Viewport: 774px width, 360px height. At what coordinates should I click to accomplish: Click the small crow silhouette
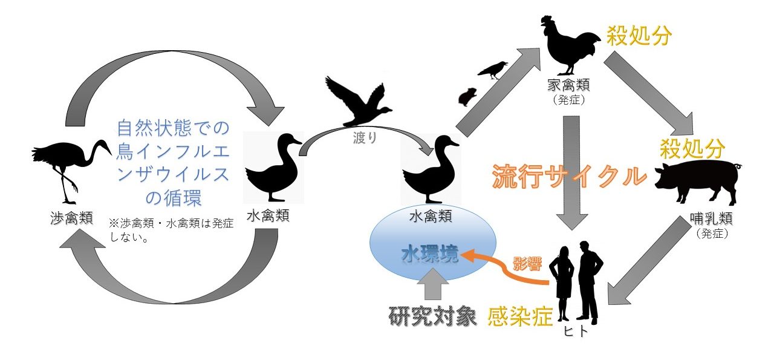493,69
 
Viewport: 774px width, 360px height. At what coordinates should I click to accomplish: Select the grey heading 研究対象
432,316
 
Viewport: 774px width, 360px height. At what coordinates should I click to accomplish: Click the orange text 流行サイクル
568,176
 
